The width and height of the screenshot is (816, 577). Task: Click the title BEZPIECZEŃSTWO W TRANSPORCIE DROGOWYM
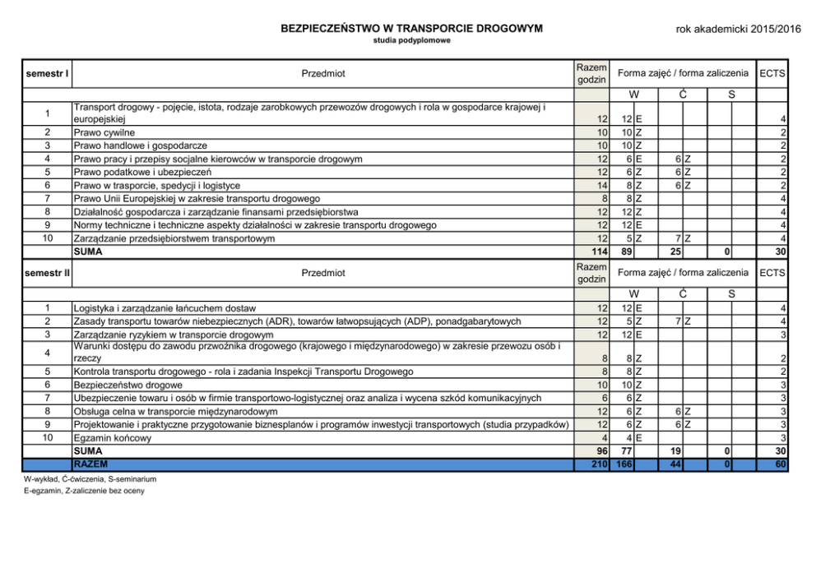[x=411, y=28]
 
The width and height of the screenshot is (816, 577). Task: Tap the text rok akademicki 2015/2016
[x=738, y=29]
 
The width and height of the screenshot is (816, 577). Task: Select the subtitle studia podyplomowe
[x=411, y=40]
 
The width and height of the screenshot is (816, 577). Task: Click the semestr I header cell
[x=47, y=74]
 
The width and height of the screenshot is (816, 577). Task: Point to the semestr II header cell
[x=47, y=272]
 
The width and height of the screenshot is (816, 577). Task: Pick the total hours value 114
[x=597, y=252]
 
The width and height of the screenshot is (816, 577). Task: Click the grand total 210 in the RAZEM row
[x=597, y=465]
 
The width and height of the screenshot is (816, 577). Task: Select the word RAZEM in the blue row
[x=90, y=465]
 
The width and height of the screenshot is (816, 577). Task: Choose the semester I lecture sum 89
[x=625, y=252]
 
